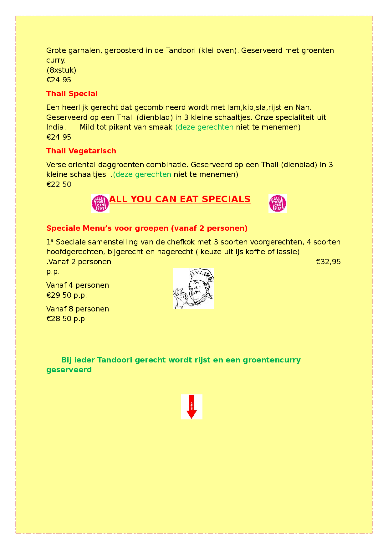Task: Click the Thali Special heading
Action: [72, 94]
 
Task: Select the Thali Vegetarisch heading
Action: [81, 151]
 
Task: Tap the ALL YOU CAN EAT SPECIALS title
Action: [180, 199]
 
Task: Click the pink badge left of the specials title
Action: [100, 203]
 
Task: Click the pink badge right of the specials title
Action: [278, 203]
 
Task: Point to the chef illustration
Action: [194, 289]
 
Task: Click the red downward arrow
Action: [191, 407]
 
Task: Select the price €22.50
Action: [59, 184]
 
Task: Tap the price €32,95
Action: [328, 262]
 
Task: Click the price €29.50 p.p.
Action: [66, 295]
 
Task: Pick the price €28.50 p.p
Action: [65, 319]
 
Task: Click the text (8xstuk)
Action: [61, 70]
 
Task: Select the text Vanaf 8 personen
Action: [78, 309]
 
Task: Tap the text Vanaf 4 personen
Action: [78, 285]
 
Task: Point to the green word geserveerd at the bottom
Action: [69, 370]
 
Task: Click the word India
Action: [56, 127]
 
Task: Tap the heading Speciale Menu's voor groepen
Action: [147, 228]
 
